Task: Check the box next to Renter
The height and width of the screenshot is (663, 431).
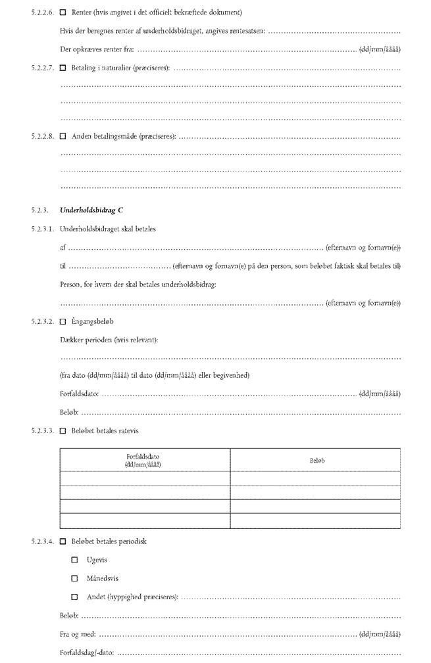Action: click(x=63, y=12)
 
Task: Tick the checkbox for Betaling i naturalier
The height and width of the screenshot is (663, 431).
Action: click(x=63, y=68)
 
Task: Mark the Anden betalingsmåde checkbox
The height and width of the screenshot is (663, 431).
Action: click(x=63, y=137)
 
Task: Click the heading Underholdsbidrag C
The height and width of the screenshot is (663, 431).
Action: click(x=91, y=210)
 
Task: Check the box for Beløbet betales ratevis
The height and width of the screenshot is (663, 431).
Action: click(x=63, y=431)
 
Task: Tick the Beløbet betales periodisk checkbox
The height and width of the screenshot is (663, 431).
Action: click(x=63, y=541)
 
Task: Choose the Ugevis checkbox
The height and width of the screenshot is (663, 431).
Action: click(x=74, y=560)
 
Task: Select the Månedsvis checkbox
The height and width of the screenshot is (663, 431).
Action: click(x=74, y=578)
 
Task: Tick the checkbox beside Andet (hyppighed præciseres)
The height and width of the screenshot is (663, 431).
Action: click(x=74, y=597)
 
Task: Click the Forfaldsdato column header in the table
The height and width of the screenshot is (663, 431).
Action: click(x=144, y=459)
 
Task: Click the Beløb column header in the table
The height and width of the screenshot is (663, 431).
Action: click(x=317, y=460)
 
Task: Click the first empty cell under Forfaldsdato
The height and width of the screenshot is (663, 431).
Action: click(x=145, y=478)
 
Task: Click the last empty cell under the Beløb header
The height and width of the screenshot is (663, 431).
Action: click(x=316, y=521)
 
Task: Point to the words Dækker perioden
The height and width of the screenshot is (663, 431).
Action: click(x=84, y=340)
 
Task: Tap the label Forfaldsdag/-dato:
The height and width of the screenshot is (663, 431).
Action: click(x=87, y=653)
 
